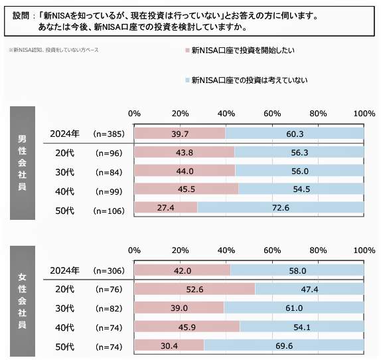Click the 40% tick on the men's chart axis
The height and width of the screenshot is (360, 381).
pos(226,114)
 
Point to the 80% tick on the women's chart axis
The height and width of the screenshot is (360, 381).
pos(318,250)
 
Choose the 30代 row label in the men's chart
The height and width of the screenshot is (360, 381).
pos(64,172)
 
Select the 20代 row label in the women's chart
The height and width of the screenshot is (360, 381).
pos(64,290)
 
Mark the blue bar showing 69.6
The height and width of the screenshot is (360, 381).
pos(284,347)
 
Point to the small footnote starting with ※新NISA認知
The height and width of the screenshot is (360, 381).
pos(53,50)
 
